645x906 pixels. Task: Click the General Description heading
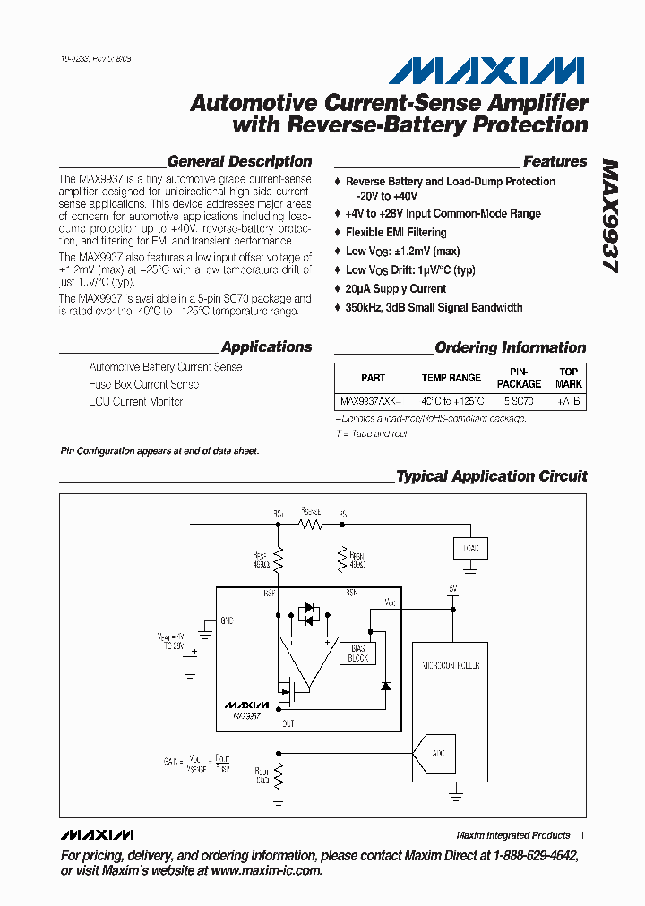[x=239, y=162]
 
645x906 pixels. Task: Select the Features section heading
[x=555, y=162]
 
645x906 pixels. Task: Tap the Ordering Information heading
[x=510, y=347]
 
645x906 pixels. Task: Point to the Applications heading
[x=266, y=347]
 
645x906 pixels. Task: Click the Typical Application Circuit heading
[x=491, y=476]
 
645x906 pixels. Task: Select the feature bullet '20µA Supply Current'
[x=395, y=288]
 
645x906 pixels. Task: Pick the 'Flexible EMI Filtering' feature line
[x=395, y=232]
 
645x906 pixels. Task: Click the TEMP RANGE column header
[x=451, y=378]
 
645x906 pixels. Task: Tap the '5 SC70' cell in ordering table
[x=519, y=402]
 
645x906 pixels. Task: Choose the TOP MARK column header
[x=569, y=378]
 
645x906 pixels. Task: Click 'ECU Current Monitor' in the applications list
[x=136, y=401]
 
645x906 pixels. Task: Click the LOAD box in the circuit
[x=469, y=548]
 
